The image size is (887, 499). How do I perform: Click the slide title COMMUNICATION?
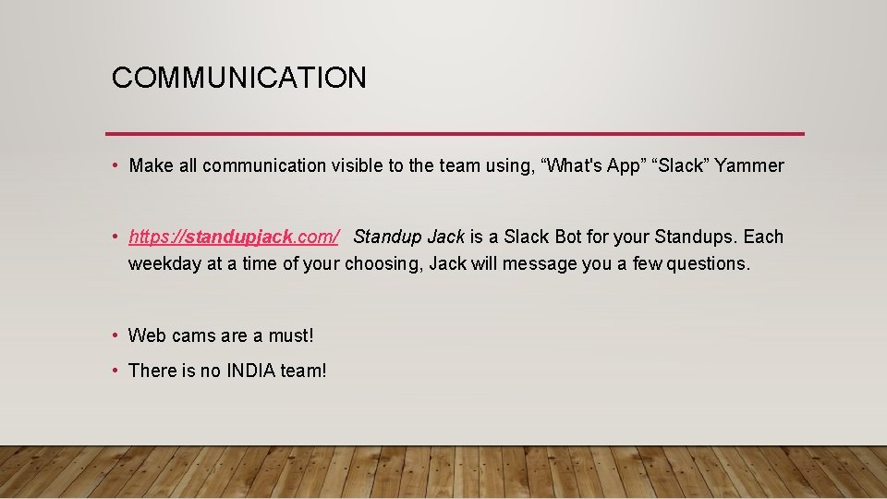pyautogui.click(x=238, y=78)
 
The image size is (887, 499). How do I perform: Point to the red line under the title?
pyautogui.click(x=455, y=134)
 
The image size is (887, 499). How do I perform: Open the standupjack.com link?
pyautogui.click(x=235, y=237)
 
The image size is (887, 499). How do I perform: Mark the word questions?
pyautogui.click(x=709, y=264)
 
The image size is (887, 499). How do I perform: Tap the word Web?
pyautogui.click(x=147, y=335)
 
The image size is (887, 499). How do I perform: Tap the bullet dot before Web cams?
pyautogui.click(x=115, y=335)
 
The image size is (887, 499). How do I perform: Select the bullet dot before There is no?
pyautogui.click(x=115, y=371)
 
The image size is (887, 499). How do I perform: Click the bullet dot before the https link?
pyautogui.click(x=115, y=237)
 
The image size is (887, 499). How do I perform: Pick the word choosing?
pyautogui.click(x=383, y=264)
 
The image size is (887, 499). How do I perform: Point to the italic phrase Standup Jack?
pyautogui.click(x=408, y=237)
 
